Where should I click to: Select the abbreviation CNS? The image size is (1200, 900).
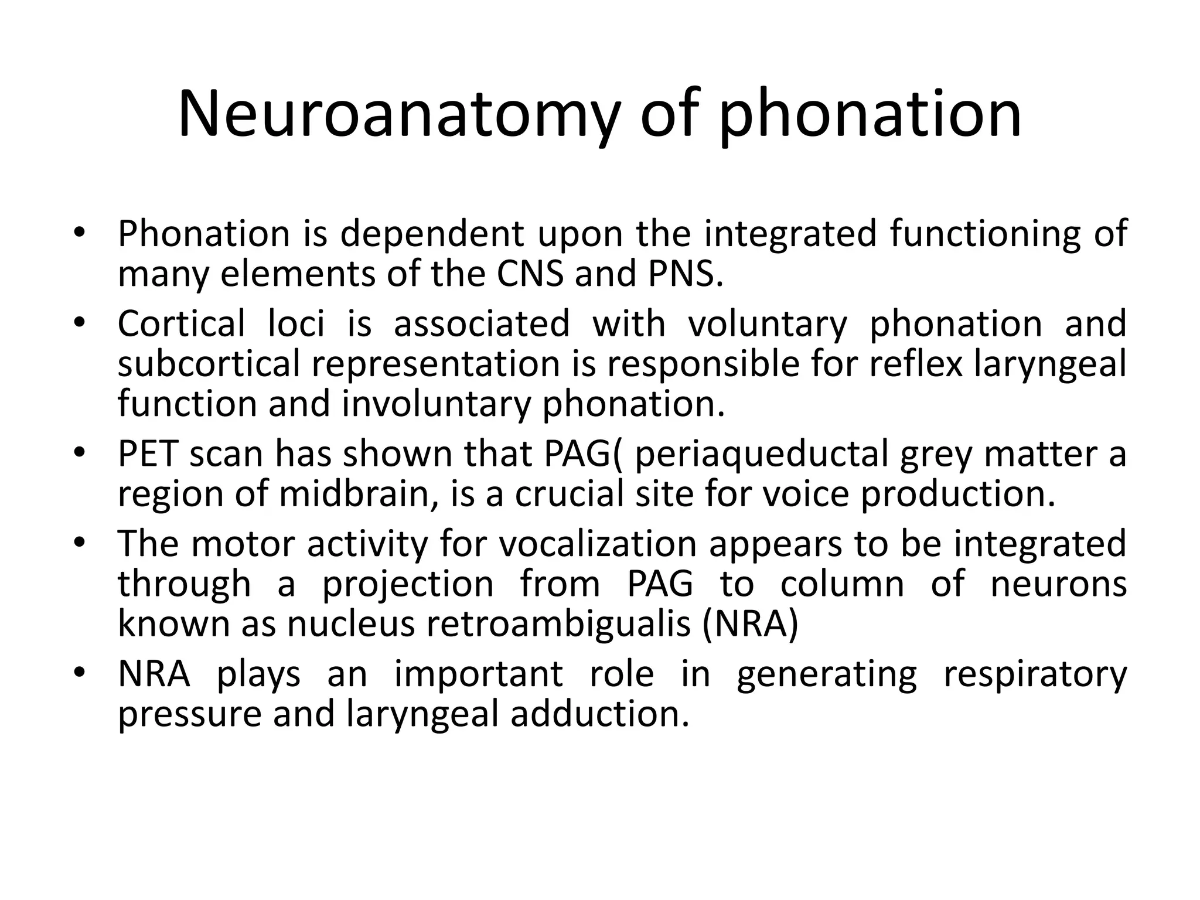[x=531, y=274]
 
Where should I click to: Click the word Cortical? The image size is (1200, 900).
[x=181, y=324]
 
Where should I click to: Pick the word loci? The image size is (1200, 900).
[x=296, y=324]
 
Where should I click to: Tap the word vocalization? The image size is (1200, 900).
[x=598, y=544]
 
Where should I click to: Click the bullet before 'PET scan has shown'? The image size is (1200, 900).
[x=80, y=454]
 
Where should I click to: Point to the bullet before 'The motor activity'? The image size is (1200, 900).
[x=80, y=544]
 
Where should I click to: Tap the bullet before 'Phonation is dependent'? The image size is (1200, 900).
[x=80, y=233]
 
